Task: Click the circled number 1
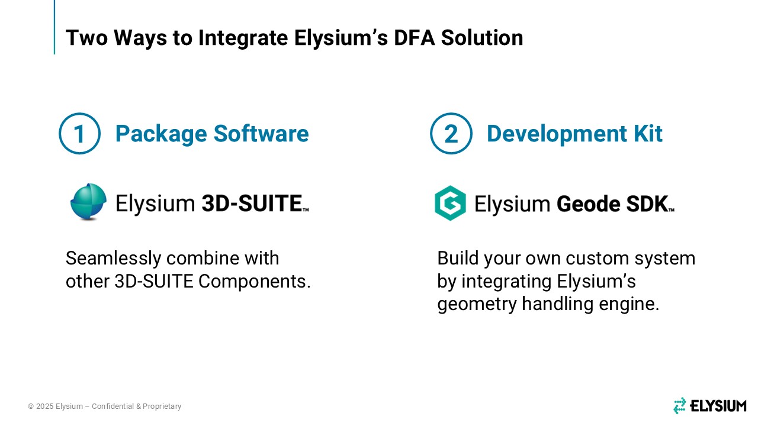coord(79,134)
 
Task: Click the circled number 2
coord(451,134)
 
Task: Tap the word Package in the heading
coord(161,134)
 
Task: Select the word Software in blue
coord(261,133)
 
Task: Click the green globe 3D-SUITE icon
coord(88,202)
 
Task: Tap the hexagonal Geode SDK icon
coord(450,203)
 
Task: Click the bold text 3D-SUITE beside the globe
coord(252,203)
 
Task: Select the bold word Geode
coord(588,204)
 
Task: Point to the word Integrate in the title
coord(243,38)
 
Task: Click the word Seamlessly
coord(113,259)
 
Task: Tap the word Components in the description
coord(255,282)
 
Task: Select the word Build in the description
coord(458,258)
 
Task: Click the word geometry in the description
coord(477,304)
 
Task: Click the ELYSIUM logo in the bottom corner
coord(709,406)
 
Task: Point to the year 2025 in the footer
coord(44,406)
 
